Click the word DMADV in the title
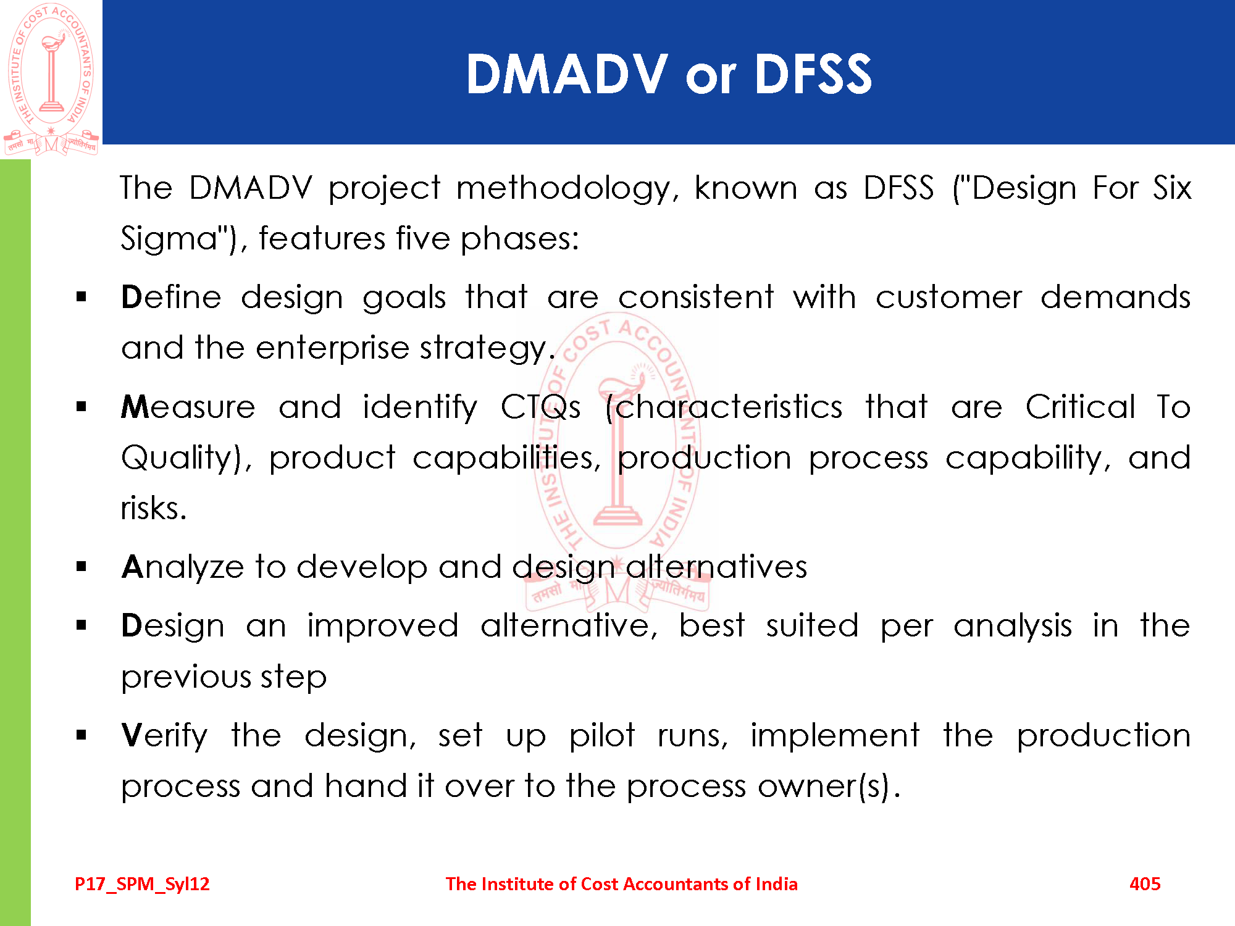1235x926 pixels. coord(567,74)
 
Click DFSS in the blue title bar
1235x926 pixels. coord(813,74)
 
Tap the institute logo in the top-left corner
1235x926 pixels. coord(51,79)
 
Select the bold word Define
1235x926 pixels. coord(171,297)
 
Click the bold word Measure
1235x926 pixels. coord(188,407)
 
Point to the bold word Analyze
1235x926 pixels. coord(183,567)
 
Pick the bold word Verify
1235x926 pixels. coord(164,736)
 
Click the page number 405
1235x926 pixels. coord(1145,884)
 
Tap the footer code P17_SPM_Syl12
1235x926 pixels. coord(142,885)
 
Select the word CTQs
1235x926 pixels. coord(540,407)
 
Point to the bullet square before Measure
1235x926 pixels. coord(82,407)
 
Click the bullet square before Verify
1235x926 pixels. coord(82,735)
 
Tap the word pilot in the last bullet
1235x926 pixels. coord(601,736)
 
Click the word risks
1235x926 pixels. coord(154,508)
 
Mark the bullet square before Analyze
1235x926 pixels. coord(82,567)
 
